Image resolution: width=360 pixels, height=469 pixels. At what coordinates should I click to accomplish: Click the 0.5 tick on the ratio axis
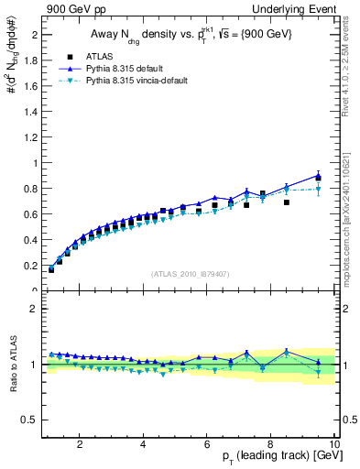click(32, 420)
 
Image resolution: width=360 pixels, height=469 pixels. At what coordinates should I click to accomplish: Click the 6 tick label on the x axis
click(207, 445)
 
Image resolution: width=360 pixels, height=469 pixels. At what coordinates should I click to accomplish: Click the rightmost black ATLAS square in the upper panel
click(318, 179)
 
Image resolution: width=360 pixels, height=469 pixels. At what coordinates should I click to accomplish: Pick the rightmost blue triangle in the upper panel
click(318, 174)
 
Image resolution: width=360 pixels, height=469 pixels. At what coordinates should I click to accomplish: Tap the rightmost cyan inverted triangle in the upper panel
click(318, 190)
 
